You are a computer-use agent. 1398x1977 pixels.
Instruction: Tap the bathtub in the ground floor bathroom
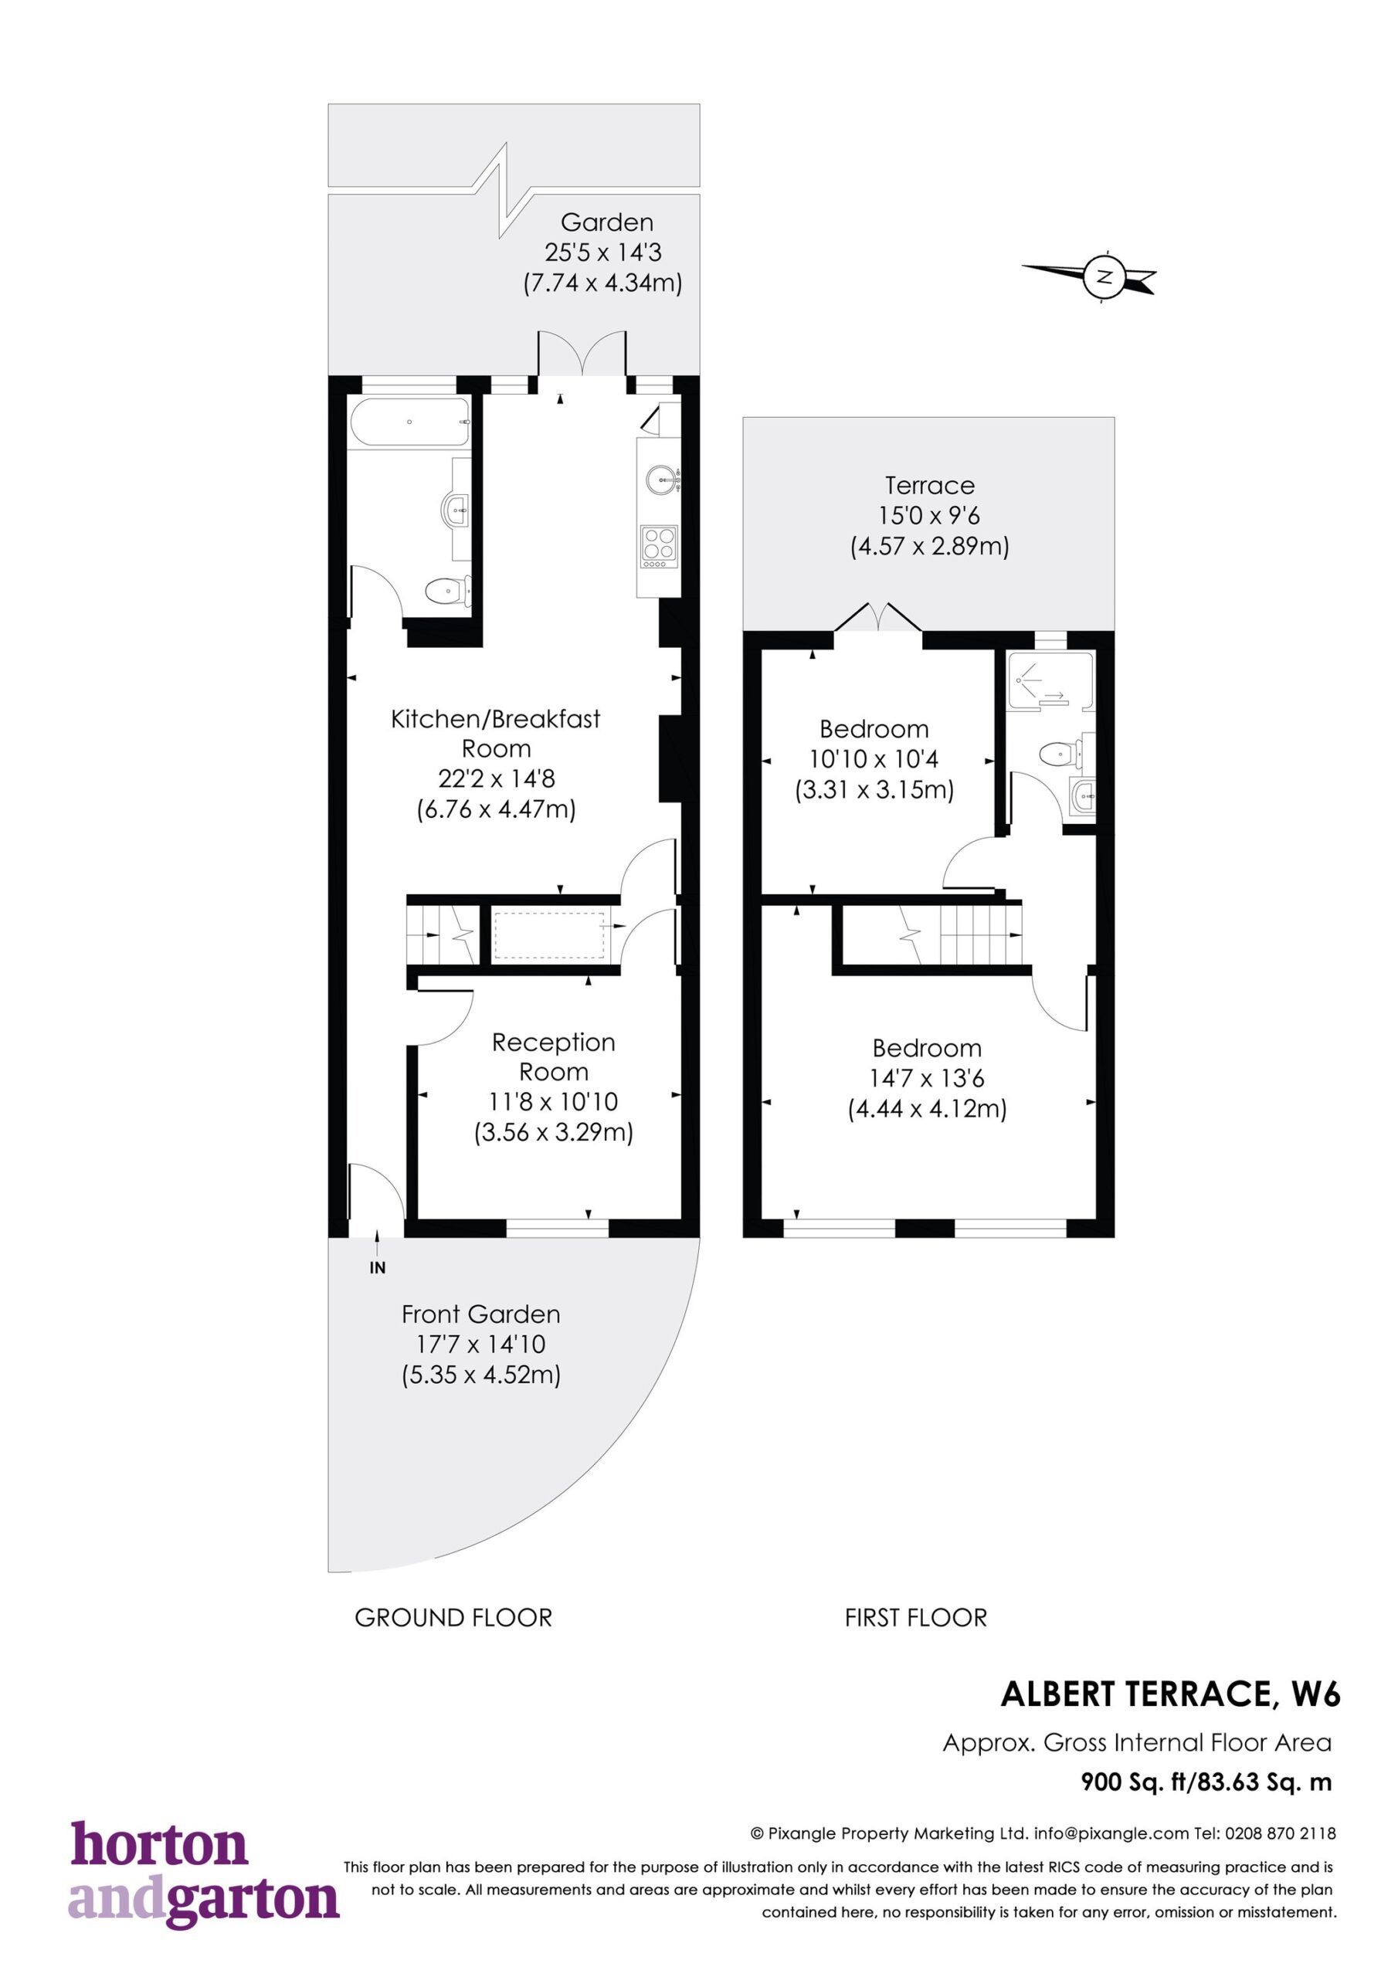click(410, 422)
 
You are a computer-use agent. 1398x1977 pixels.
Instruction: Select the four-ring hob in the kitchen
click(659, 547)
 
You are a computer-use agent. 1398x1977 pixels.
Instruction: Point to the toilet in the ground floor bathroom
click(448, 590)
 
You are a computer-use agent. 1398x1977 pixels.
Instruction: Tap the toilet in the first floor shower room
click(1061, 755)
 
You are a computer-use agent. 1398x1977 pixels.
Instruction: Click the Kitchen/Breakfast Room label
click(495, 733)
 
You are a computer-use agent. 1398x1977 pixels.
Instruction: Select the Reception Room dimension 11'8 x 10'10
click(554, 1101)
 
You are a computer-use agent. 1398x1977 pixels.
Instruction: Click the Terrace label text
click(929, 485)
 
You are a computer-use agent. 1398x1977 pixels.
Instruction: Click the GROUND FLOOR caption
click(453, 1618)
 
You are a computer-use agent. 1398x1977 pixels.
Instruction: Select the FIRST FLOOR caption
click(915, 1618)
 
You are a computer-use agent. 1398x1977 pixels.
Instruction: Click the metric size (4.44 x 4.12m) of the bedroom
click(928, 1108)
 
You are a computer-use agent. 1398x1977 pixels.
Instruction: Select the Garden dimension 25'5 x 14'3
click(603, 253)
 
